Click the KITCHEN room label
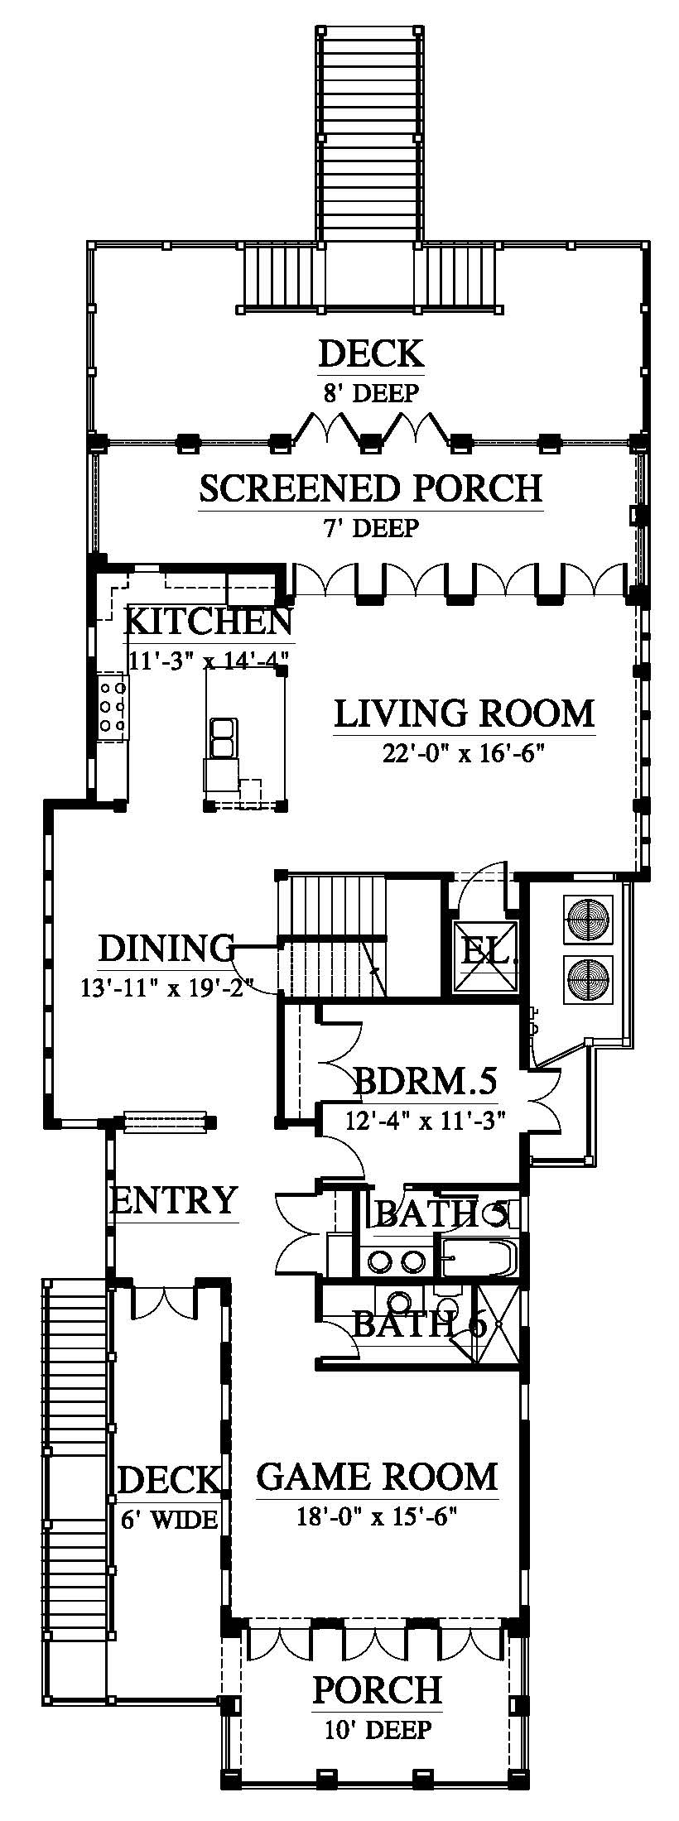208,621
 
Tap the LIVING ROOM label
465,714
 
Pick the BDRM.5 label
424,1082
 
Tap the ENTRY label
174,1200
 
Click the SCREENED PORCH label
371,488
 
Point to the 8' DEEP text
371,392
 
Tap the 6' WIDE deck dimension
168,1520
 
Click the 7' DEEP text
371,527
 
